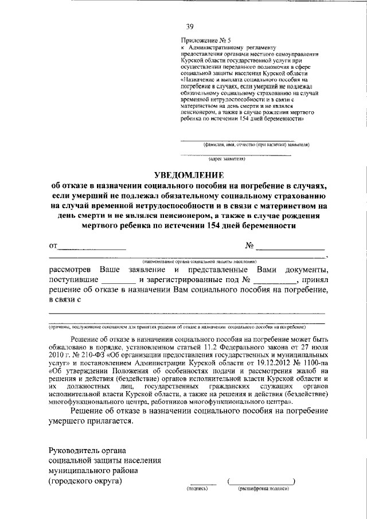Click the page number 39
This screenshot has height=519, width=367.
[190, 26]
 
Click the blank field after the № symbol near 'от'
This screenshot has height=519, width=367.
[290, 248]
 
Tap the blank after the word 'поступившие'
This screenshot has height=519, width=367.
[118, 282]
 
